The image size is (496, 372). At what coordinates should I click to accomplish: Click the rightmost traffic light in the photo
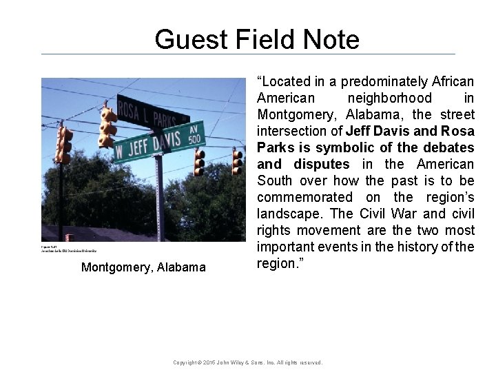(237, 161)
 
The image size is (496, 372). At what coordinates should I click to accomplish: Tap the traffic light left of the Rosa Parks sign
(107, 127)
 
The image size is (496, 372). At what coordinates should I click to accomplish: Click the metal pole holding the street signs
(158, 200)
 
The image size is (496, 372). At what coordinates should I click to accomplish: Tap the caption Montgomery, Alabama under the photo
(143, 267)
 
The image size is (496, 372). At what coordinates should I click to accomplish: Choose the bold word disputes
(322, 164)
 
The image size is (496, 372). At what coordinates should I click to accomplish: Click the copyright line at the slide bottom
(247, 362)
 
